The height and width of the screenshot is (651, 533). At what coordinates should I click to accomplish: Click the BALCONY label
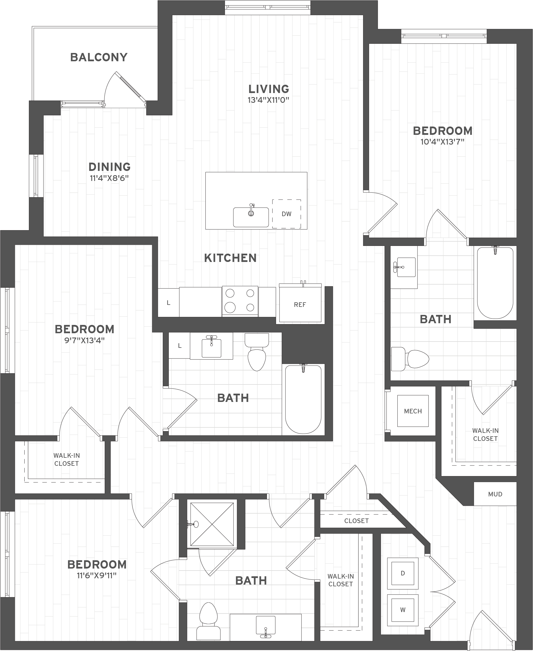point(99,58)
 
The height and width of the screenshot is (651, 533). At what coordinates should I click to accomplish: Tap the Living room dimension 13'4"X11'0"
point(269,100)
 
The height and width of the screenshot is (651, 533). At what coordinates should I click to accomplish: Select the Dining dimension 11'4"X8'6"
point(109,178)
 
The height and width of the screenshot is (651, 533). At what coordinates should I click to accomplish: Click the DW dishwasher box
point(286,214)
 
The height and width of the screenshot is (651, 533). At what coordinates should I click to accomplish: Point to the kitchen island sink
point(251,217)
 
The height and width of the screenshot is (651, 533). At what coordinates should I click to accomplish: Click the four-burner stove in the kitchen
point(240,301)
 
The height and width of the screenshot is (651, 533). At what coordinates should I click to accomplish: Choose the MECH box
point(413,411)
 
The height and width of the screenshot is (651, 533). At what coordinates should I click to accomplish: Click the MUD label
point(495,494)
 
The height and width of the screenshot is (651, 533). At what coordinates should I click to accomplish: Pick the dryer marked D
point(403,573)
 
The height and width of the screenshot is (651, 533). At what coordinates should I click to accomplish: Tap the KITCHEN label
point(230,258)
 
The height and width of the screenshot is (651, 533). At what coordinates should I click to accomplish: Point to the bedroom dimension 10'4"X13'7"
point(442,142)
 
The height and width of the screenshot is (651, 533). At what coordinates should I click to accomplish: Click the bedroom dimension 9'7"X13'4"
point(84,340)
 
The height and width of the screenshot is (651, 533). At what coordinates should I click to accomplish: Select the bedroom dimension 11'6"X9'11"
point(97,576)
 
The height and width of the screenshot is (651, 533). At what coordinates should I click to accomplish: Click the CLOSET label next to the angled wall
point(356,521)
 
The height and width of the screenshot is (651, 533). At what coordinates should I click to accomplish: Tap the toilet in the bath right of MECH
point(410,359)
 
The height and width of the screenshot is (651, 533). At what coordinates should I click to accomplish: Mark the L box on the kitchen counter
point(169,303)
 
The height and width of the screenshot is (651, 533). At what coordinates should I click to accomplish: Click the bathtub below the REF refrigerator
point(303,399)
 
